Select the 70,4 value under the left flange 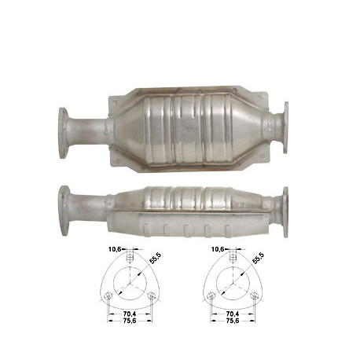tap(128, 313)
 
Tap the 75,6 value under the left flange tap(128, 321)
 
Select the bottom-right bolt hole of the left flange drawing tap(149, 296)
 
